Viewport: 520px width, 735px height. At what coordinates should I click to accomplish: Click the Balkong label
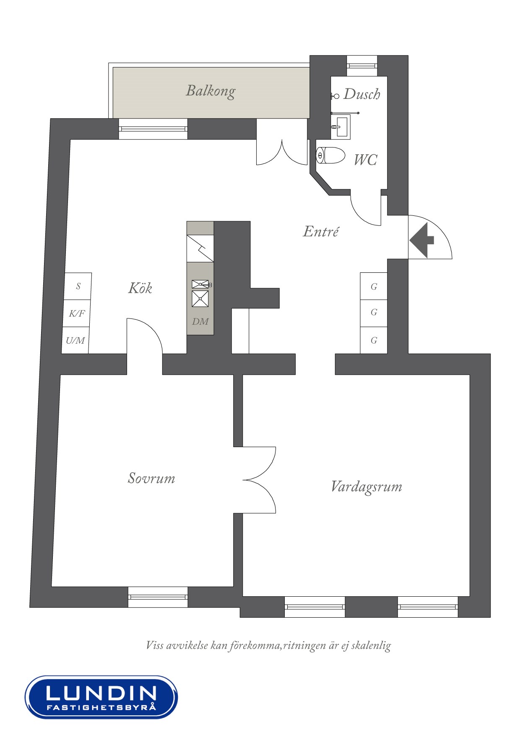coord(211,91)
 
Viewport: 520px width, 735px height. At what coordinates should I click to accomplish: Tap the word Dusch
coord(362,94)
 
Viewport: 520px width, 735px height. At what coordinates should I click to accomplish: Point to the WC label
coord(365,160)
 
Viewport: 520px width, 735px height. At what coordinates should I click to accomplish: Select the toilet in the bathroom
coord(330,155)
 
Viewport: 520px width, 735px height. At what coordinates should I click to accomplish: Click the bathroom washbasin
coord(341,127)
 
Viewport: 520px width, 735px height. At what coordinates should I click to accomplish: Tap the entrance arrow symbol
coord(422,240)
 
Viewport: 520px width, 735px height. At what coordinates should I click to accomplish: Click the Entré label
coord(321,231)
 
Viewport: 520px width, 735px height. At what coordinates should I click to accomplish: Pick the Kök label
coord(140,288)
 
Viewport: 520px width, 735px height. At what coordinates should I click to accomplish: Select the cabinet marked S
coord(78,286)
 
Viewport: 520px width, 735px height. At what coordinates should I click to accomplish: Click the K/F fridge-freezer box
coord(77,313)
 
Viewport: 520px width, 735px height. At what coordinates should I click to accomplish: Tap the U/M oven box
coord(75,340)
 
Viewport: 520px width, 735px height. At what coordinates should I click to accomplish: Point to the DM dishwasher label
coord(200,321)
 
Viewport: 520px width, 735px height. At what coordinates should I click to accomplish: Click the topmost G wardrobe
coord(374,286)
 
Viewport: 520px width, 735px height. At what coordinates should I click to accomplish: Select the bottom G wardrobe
coord(374,340)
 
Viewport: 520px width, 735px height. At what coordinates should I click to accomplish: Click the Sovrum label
coord(151,478)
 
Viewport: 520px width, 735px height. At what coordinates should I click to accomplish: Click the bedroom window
coord(158,597)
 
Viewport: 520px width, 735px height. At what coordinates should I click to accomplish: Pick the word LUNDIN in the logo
coord(101,693)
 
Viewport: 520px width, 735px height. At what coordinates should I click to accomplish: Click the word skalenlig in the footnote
coord(371,645)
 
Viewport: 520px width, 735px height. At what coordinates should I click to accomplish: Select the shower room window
coord(362,66)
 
